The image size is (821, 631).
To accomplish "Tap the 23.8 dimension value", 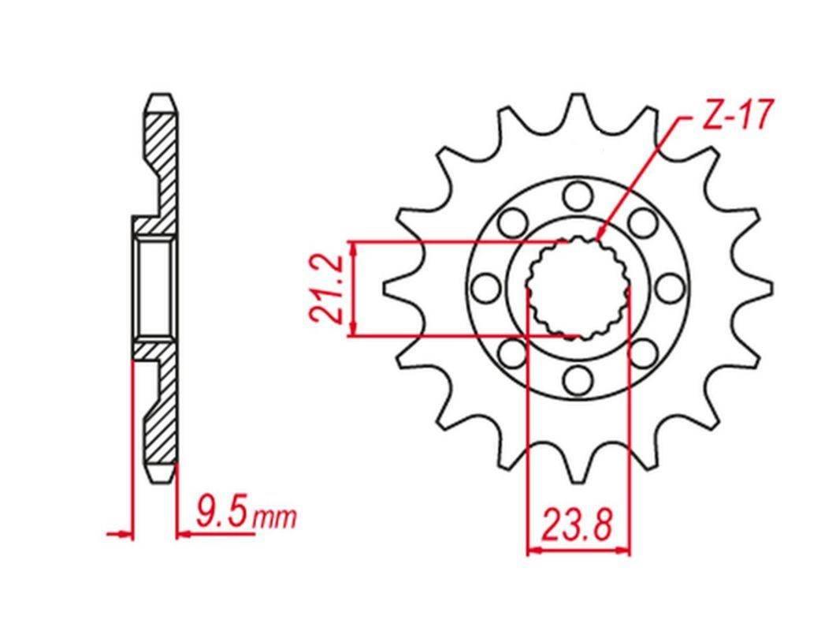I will click(x=577, y=524).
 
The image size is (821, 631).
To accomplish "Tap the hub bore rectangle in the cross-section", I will click(x=154, y=288).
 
